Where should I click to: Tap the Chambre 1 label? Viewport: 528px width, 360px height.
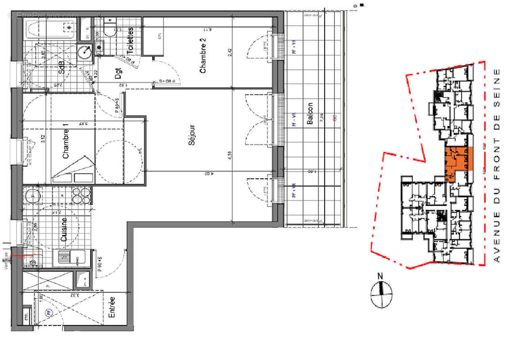coord(66,144)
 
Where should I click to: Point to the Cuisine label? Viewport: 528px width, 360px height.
coord(64,230)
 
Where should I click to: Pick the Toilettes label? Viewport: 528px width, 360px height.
coord(130,40)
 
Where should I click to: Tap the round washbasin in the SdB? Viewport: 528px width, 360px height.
coord(84,53)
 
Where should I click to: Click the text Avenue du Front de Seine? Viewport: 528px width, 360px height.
coord(497,166)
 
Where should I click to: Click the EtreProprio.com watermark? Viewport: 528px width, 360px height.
coord(43,15)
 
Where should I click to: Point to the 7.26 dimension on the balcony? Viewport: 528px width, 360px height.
coord(322,118)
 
